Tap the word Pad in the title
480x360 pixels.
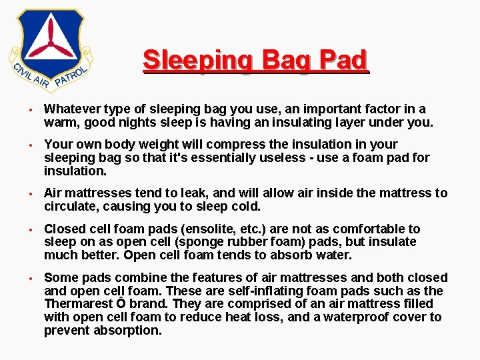[x=343, y=61]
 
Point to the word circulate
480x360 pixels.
[x=71, y=207]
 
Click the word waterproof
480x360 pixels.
[x=360, y=317]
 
